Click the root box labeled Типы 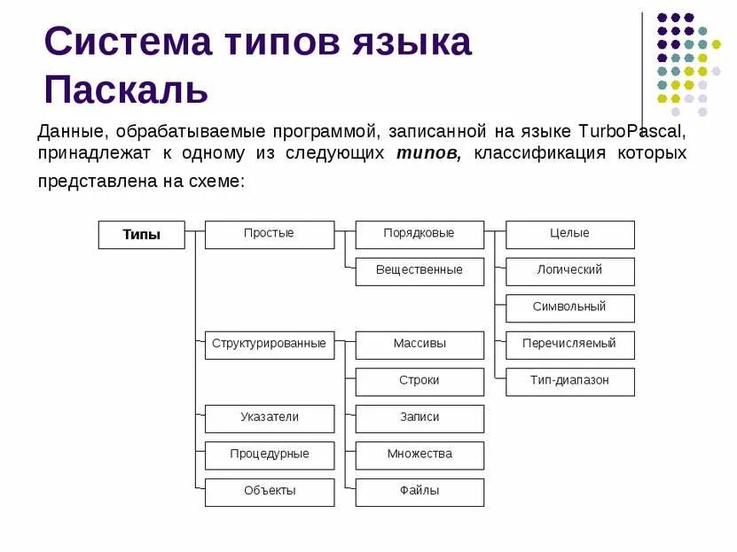[141, 235]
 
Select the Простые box [270, 234]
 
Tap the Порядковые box [419, 234]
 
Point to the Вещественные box [419, 271]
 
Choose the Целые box [570, 234]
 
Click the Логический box [570, 271]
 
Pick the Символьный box [570, 307]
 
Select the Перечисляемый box [570, 345]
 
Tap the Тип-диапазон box [570, 381]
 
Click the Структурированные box [270, 345]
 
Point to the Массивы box [419, 345]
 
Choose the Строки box [419, 381]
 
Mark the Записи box [419, 418]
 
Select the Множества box [419, 455]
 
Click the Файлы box [419, 492]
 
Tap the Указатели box [270, 418]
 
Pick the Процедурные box [270, 455]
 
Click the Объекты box [270, 492]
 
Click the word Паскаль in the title [126, 89]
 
